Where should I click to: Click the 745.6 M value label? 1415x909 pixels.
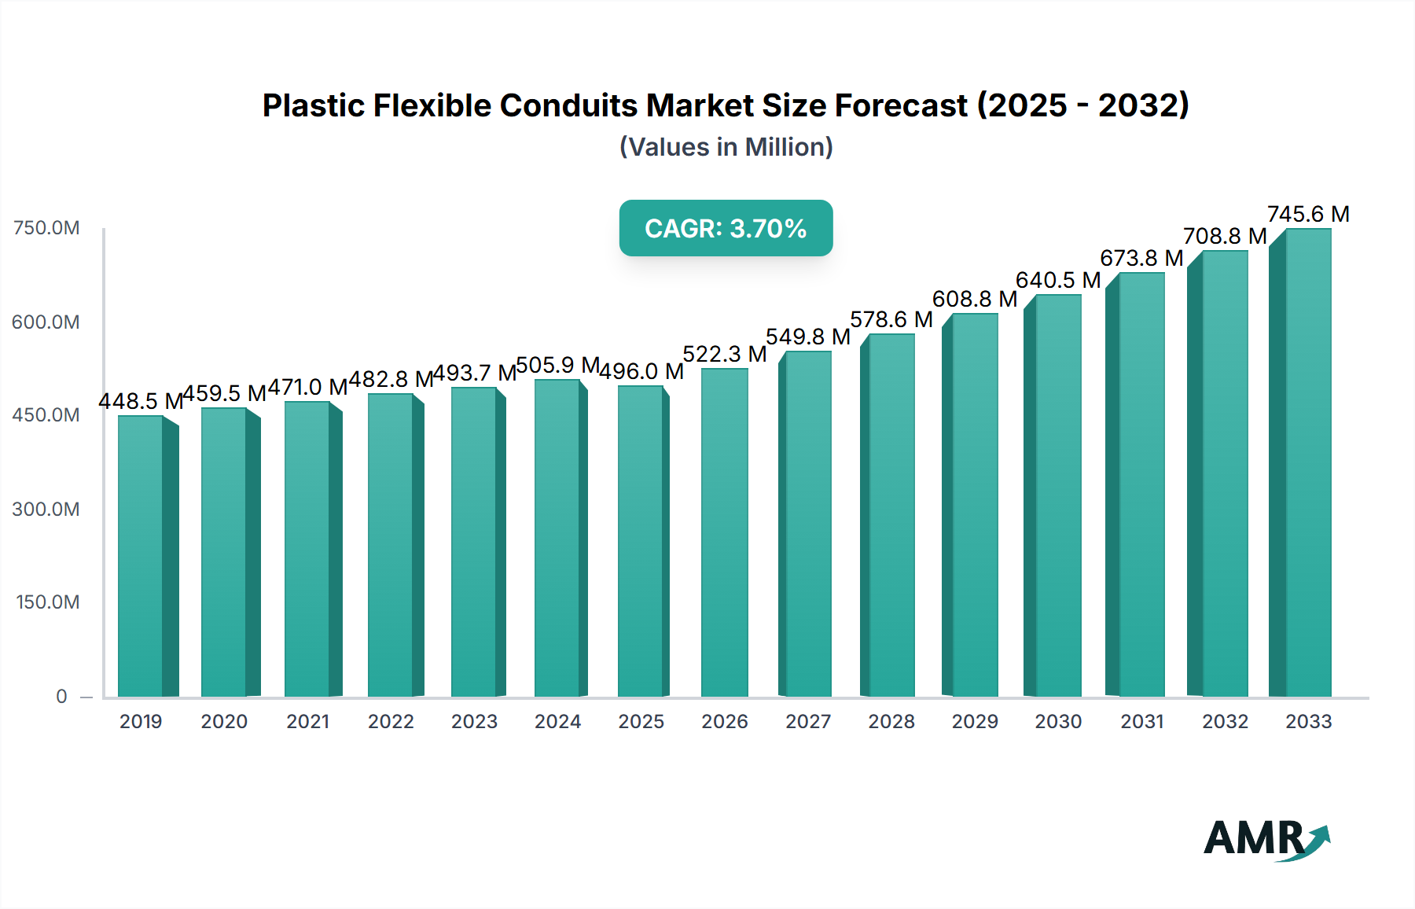point(1308,214)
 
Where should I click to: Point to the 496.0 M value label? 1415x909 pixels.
point(641,371)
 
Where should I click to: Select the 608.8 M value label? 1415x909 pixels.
point(975,299)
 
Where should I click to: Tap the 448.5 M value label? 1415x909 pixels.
point(141,401)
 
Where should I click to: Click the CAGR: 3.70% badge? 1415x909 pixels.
point(726,228)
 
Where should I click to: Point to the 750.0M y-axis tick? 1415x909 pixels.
point(46,228)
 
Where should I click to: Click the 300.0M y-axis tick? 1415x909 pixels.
point(46,509)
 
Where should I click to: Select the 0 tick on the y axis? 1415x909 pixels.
point(61,696)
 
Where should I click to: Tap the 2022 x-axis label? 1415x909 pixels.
point(391,721)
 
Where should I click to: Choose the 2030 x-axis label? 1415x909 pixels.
point(1058,721)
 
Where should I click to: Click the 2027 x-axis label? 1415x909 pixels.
point(808,721)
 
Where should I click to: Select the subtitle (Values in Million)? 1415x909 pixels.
point(726,147)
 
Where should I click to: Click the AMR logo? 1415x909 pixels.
point(1266,838)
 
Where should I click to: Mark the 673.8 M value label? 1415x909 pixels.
point(1141,258)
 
